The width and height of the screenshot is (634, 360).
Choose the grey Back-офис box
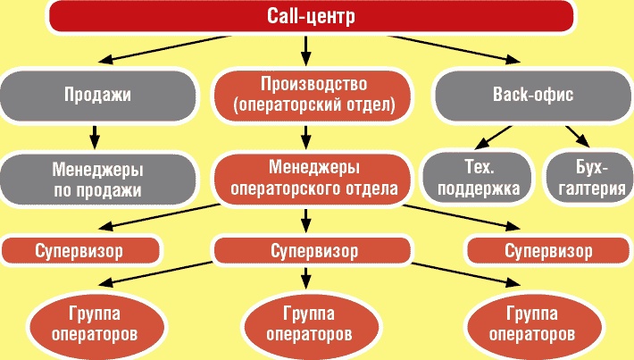532,94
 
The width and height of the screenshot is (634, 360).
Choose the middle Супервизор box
309,249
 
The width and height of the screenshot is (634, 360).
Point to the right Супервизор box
547,249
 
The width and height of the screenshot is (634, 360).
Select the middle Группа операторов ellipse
308,322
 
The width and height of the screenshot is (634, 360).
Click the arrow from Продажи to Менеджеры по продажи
94,136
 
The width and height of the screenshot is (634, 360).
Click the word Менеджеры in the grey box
99,166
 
